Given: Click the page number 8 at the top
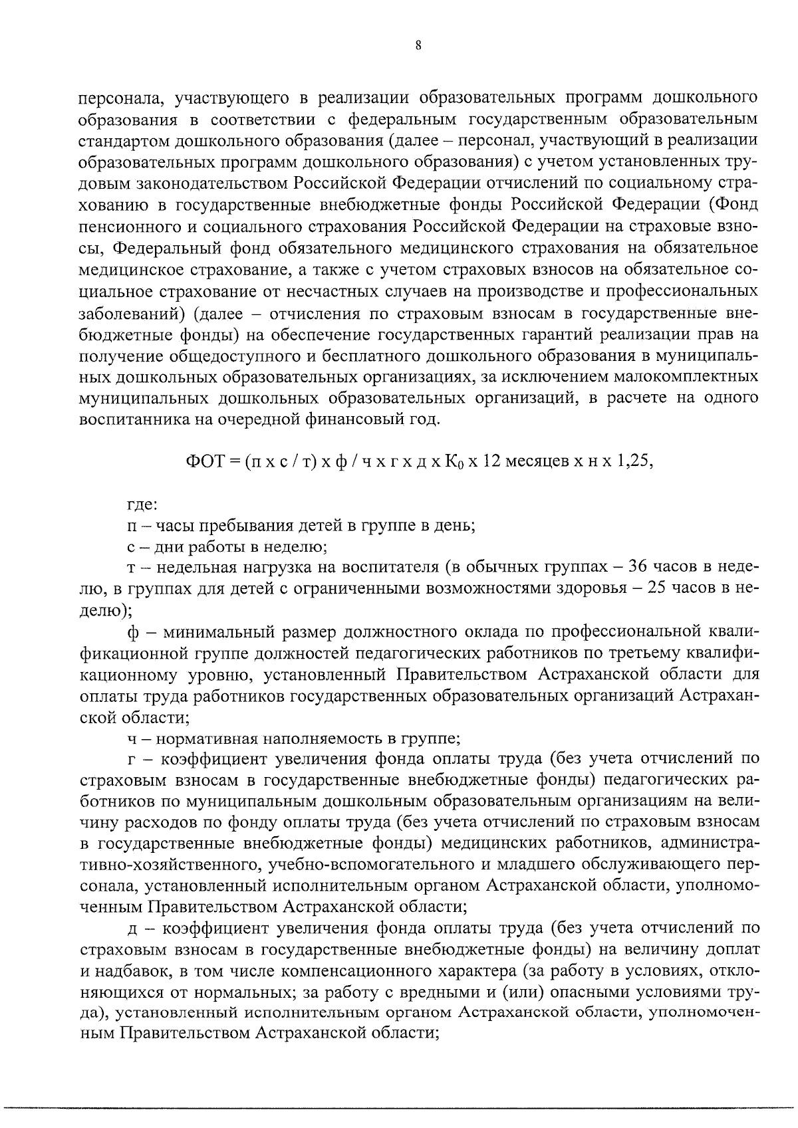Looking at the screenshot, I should coord(418,46).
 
